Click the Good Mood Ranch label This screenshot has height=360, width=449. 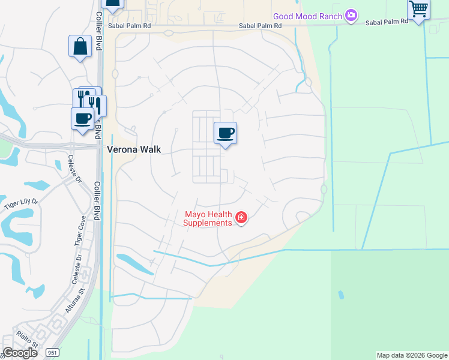pyautogui.click(x=307, y=16)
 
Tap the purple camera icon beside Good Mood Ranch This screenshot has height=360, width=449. pyautogui.click(x=351, y=15)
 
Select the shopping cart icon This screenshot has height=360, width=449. pyautogui.click(x=418, y=9)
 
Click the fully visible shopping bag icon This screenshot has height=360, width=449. pyautogui.click(x=80, y=46)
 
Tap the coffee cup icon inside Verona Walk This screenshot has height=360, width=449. pyautogui.click(x=225, y=133)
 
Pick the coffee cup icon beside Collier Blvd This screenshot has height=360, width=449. pyautogui.click(x=82, y=118)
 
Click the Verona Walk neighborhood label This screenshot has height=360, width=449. pyautogui.click(x=134, y=149)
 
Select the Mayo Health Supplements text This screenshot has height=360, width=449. pyautogui.click(x=208, y=218)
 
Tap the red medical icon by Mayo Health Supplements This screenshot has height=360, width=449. pyautogui.click(x=241, y=217)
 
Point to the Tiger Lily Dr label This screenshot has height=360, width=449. pyautogui.click(x=20, y=204)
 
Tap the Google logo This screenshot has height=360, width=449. pyautogui.click(x=20, y=353)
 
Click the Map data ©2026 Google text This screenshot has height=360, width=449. pyautogui.click(x=412, y=355)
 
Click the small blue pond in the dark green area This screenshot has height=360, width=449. pyautogui.click(x=341, y=295)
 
